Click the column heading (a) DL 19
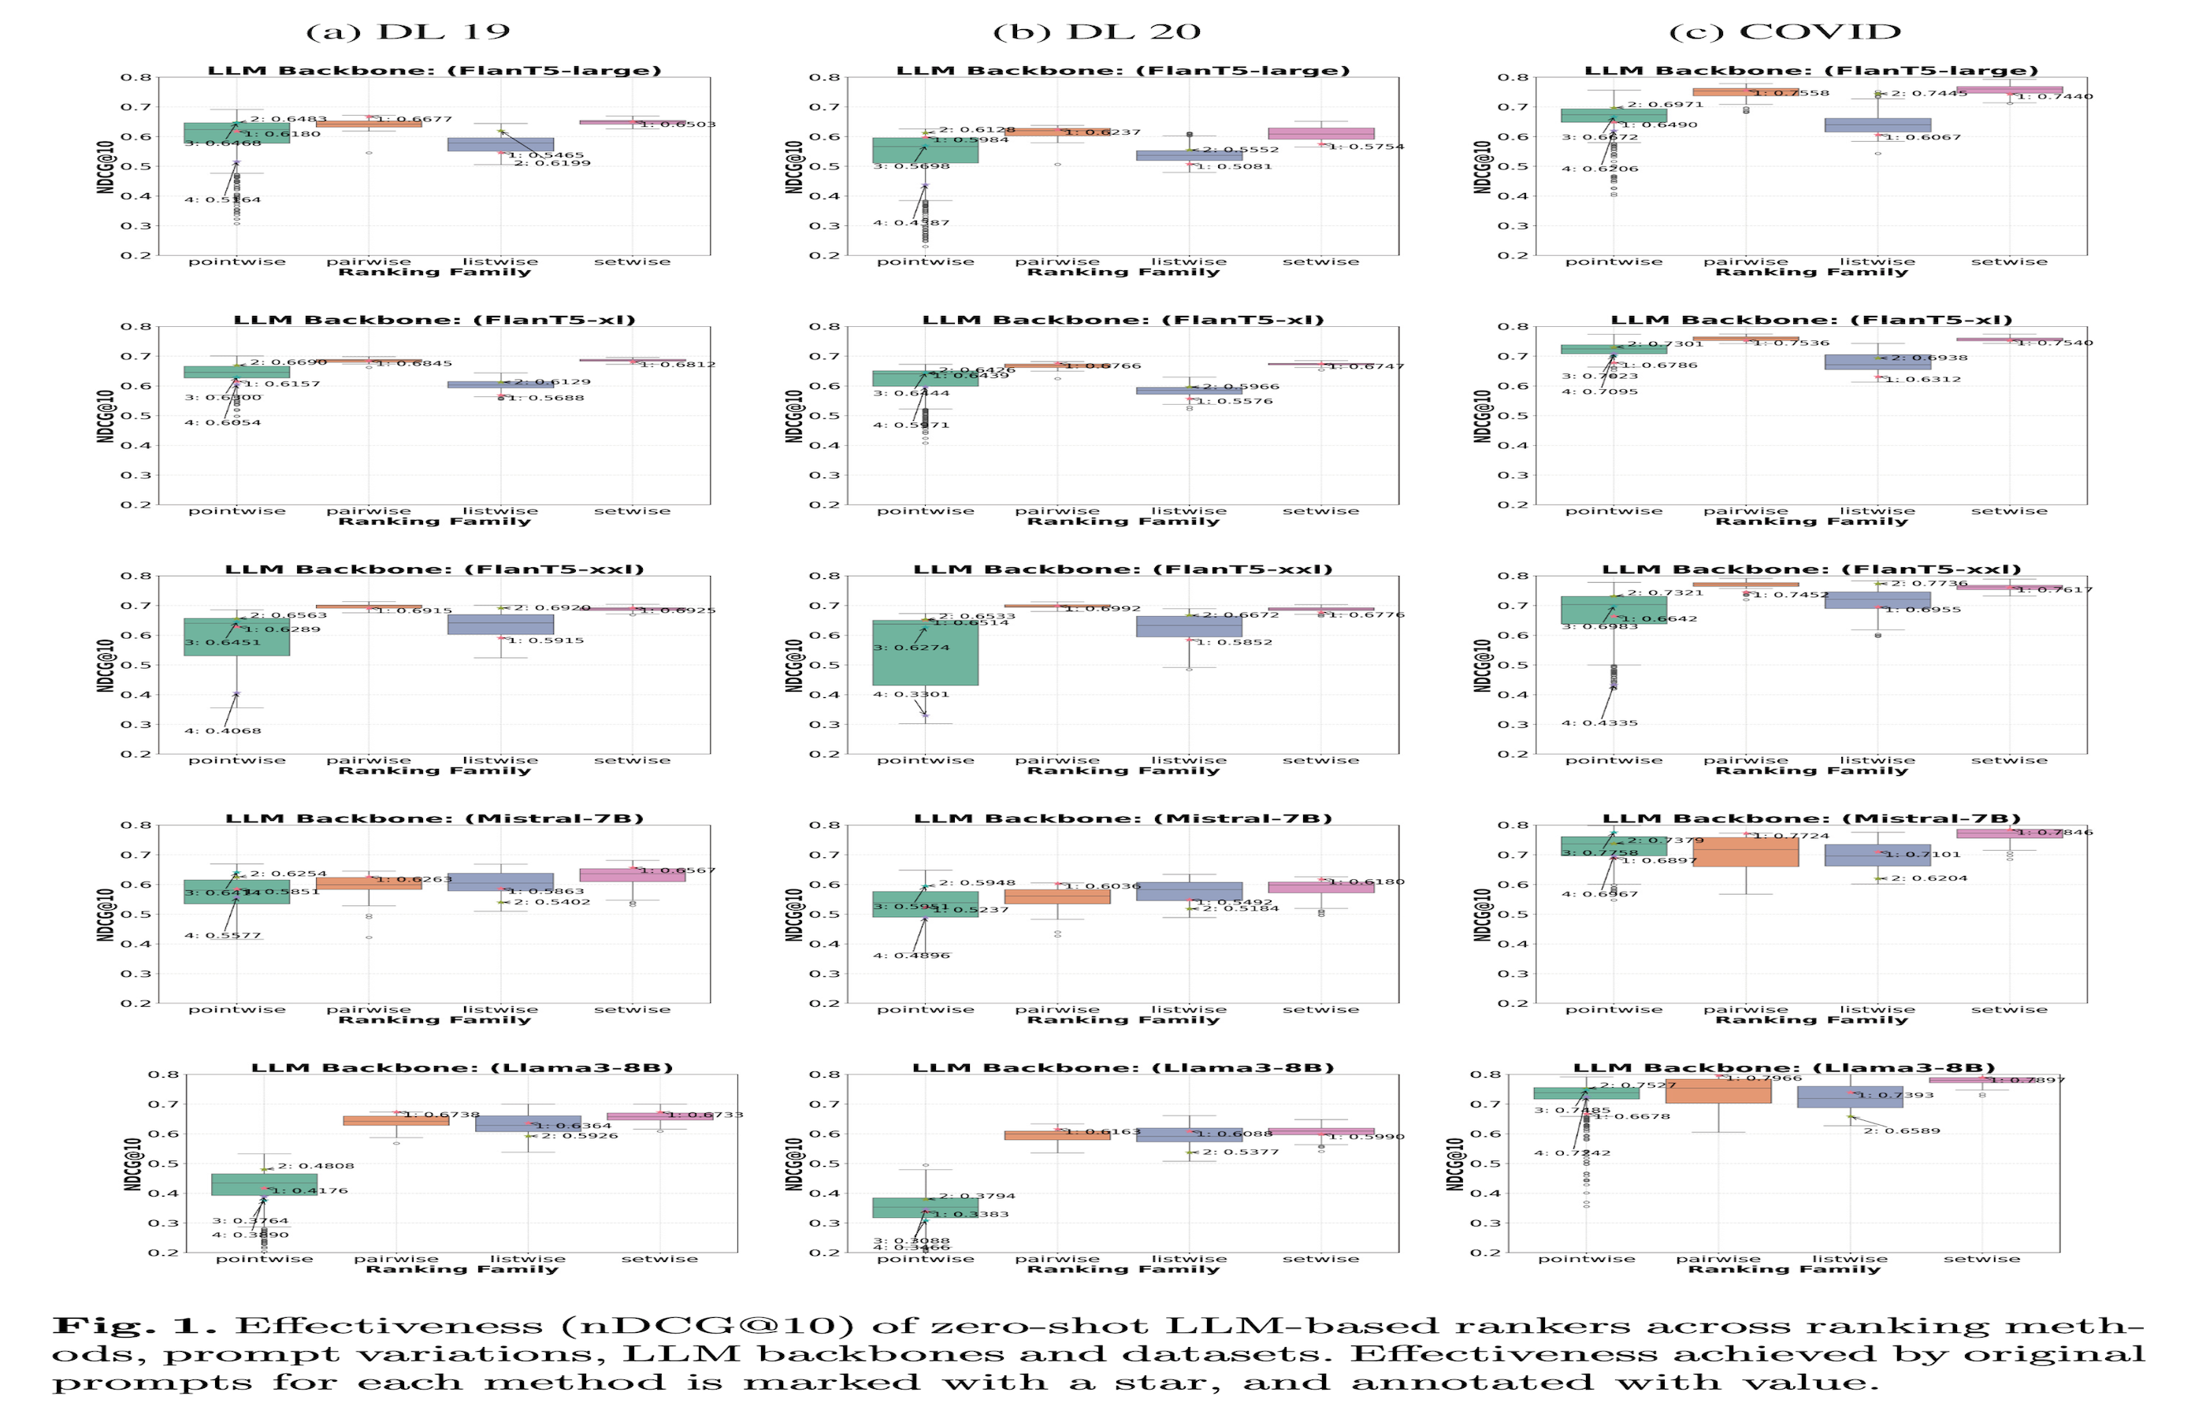click(x=408, y=32)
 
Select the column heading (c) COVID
click(x=1784, y=32)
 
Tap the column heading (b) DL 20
click(x=1097, y=32)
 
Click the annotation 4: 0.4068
click(x=223, y=731)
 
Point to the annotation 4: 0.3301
click(x=911, y=694)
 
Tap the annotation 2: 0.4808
click(x=316, y=1166)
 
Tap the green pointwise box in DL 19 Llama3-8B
click(x=264, y=1184)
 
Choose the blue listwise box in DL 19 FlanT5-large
click(x=500, y=145)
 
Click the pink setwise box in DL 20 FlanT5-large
click(x=1320, y=133)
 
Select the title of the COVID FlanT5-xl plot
click(x=1811, y=321)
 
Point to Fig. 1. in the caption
click(x=133, y=1326)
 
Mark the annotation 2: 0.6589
click(x=1901, y=1130)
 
